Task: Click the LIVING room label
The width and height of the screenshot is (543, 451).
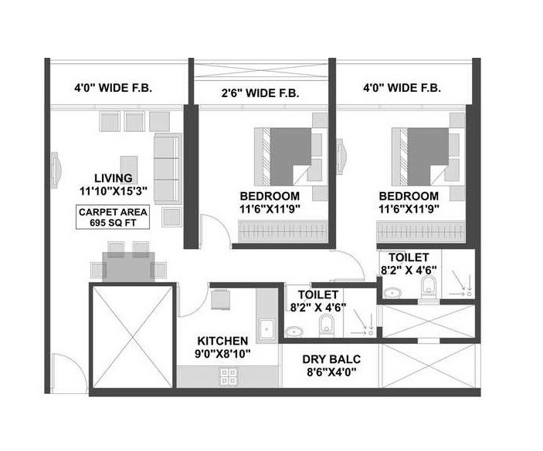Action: [x=108, y=177]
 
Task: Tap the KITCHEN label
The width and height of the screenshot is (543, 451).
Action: [x=222, y=340]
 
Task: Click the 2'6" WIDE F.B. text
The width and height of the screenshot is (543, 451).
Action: [x=262, y=93]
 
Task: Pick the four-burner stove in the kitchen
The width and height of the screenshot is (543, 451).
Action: [x=228, y=376]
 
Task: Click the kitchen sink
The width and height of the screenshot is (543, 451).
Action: [x=266, y=328]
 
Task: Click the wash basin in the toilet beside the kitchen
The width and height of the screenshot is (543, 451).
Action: [x=295, y=332]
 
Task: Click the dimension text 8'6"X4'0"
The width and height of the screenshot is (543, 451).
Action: [x=330, y=374]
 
